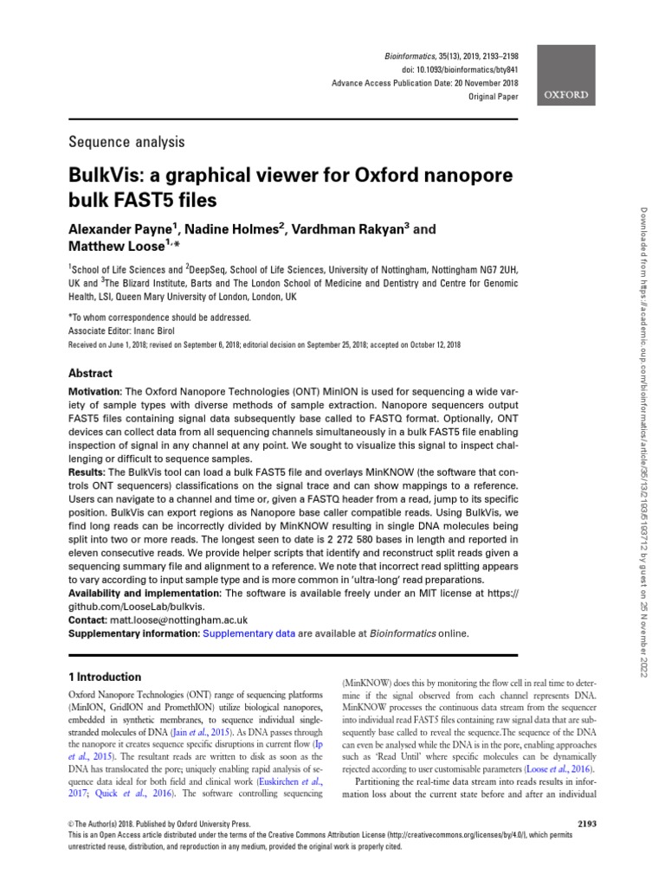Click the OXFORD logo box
pos(566,94)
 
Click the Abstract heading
pos(90,373)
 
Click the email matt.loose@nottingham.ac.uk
pos(179,620)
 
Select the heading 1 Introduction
pos(104,677)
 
